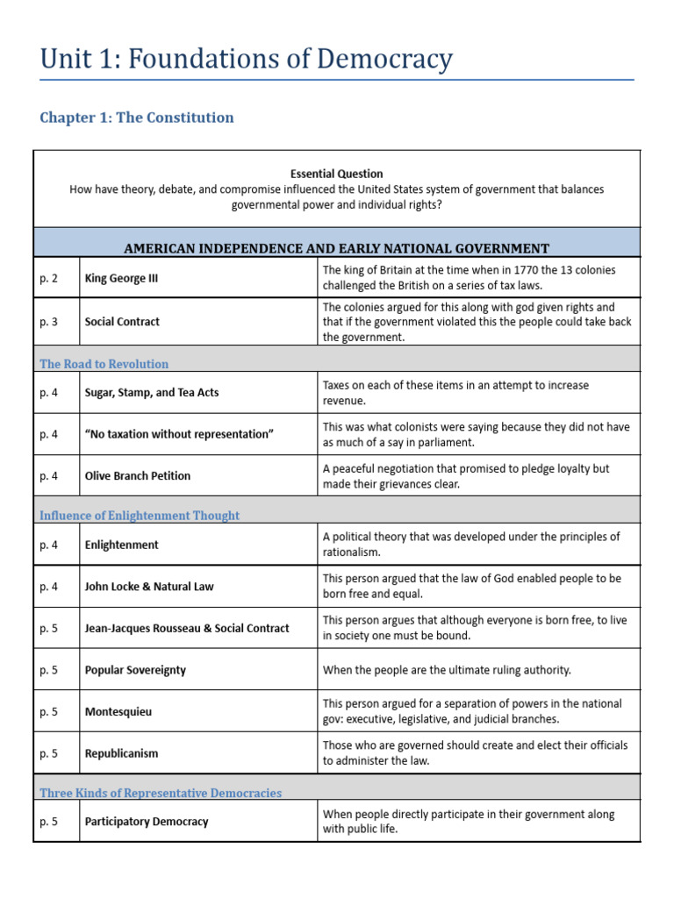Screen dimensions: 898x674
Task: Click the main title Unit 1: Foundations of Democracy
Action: tap(247, 59)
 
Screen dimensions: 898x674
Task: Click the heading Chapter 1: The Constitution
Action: tap(137, 118)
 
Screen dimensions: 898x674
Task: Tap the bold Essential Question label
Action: tap(336, 174)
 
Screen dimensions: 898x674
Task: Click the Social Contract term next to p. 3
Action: tap(122, 322)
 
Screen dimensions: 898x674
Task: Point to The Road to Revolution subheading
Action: tap(104, 364)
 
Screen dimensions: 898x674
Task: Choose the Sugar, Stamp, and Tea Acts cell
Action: tap(152, 393)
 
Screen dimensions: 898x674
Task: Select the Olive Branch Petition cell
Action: tap(137, 476)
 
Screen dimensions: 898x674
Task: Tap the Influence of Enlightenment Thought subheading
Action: tap(139, 516)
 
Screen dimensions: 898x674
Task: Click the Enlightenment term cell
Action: tap(121, 545)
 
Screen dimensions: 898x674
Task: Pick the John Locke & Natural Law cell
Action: tap(148, 587)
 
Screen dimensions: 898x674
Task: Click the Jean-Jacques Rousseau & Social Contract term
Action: tap(186, 629)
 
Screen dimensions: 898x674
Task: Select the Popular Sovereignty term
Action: tap(135, 670)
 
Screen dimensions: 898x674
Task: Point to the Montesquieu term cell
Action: tap(118, 712)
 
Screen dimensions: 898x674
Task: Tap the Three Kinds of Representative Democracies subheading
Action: tap(161, 793)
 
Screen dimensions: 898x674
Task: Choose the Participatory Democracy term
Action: tap(147, 822)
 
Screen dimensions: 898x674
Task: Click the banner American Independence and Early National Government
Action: tap(336, 249)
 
